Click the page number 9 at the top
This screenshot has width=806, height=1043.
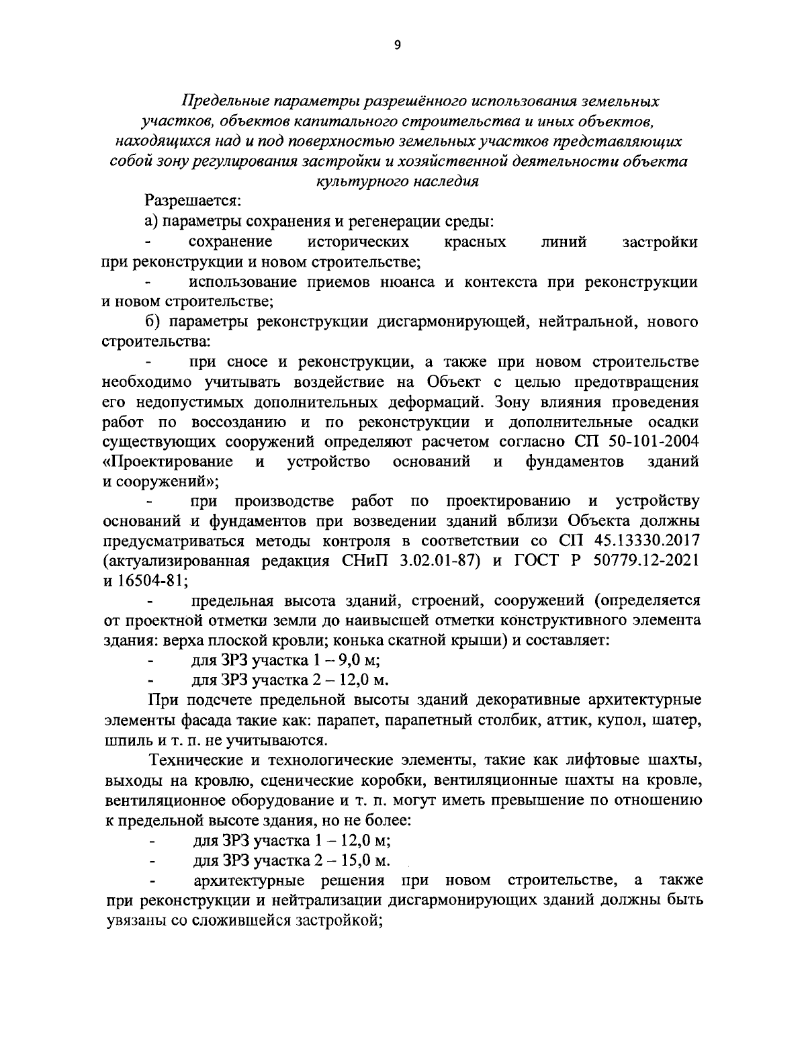(397, 45)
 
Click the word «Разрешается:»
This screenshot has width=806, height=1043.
(192, 199)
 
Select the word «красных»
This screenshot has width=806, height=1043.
(476, 241)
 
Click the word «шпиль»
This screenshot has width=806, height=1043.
(124, 740)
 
